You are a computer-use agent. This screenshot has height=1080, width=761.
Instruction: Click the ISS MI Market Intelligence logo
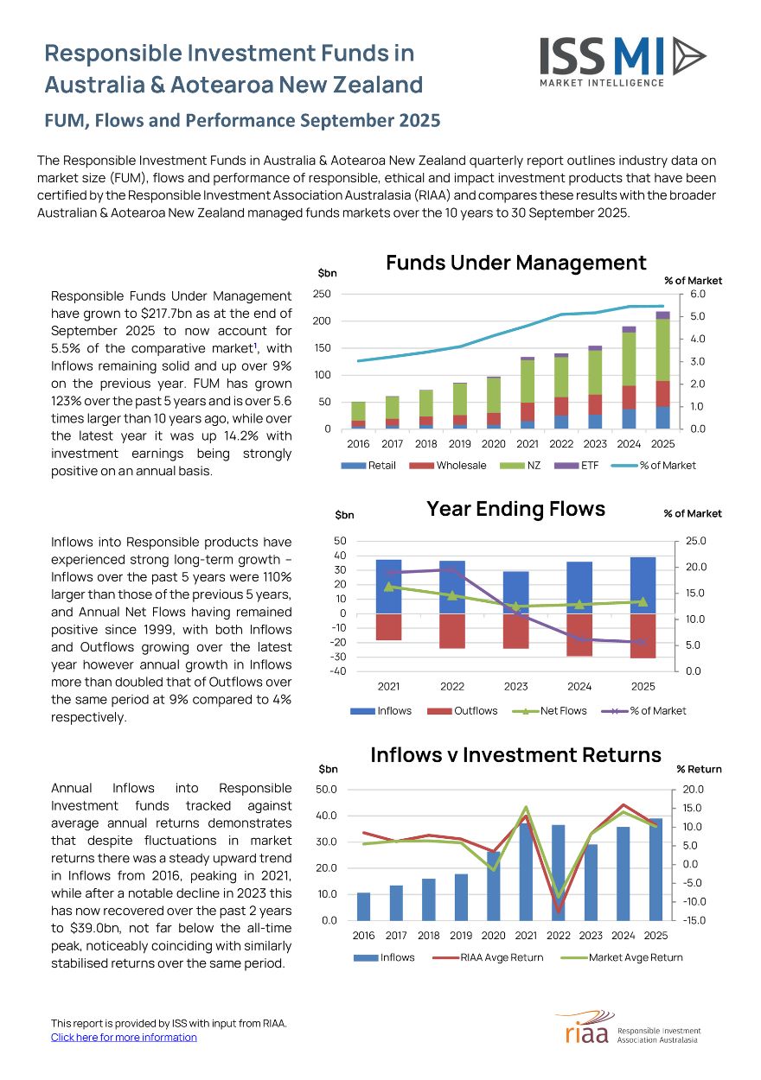coord(623,60)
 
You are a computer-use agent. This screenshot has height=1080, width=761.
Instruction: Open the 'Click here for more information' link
coord(124,1037)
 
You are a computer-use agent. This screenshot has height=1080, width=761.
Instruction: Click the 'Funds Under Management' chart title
coord(515,263)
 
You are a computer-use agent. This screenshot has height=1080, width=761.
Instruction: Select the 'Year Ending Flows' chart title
coord(515,509)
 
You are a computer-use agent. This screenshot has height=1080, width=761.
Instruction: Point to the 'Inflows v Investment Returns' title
coord(515,754)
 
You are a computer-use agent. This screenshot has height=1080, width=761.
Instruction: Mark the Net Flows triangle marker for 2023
coord(516,607)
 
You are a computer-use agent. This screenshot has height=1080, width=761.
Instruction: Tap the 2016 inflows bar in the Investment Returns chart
coord(363,906)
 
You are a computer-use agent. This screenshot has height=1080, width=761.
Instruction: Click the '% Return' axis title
coord(699,769)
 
